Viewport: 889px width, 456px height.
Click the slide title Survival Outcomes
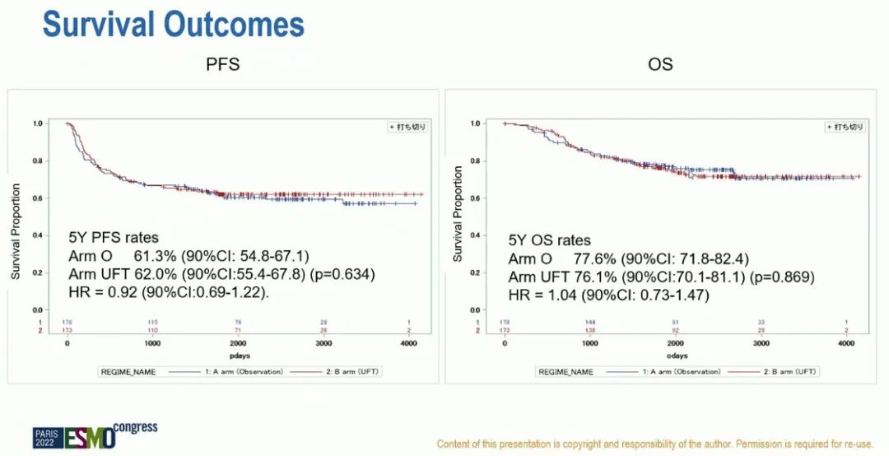(174, 24)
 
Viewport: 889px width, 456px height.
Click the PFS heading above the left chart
(222, 64)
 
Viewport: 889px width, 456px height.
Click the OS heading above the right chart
(661, 64)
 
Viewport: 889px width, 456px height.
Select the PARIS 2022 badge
(48, 438)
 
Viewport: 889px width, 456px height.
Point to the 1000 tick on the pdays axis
(152, 343)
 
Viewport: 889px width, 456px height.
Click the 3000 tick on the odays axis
(761, 343)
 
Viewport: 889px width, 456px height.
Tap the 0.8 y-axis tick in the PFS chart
(38, 161)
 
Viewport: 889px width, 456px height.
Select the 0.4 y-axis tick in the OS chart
(475, 235)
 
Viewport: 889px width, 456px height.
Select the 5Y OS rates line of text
(549, 240)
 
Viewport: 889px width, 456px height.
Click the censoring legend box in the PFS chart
(407, 127)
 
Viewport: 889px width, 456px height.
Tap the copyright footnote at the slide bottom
(654, 444)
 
